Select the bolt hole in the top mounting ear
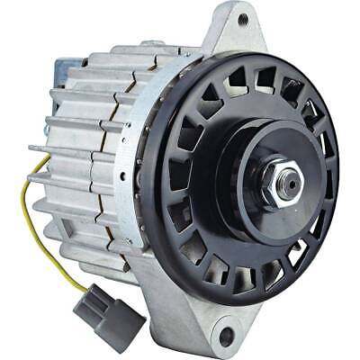click(241, 19)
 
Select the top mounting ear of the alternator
click(236, 27)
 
